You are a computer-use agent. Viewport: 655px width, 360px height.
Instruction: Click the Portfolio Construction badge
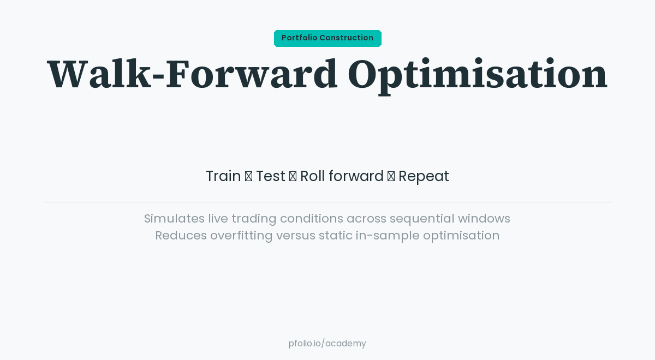click(327, 38)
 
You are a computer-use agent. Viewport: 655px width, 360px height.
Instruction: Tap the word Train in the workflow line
click(223, 176)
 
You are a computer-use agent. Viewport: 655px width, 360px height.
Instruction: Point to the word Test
click(271, 176)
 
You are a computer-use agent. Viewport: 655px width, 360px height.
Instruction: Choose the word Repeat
click(424, 176)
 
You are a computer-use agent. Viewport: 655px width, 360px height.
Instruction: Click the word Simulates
click(174, 219)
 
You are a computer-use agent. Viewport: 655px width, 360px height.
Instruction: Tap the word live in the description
click(218, 219)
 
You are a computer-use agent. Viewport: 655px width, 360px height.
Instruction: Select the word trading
click(254, 219)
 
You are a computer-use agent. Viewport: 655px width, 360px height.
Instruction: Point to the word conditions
click(311, 219)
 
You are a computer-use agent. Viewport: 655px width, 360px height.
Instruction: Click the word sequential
click(422, 219)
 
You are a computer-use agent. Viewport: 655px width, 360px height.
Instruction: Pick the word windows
click(484, 219)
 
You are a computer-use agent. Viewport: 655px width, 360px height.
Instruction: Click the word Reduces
click(181, 236)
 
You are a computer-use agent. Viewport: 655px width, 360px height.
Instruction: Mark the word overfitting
click(241, 236)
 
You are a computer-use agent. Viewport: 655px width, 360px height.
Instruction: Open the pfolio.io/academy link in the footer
click(327, 344)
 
